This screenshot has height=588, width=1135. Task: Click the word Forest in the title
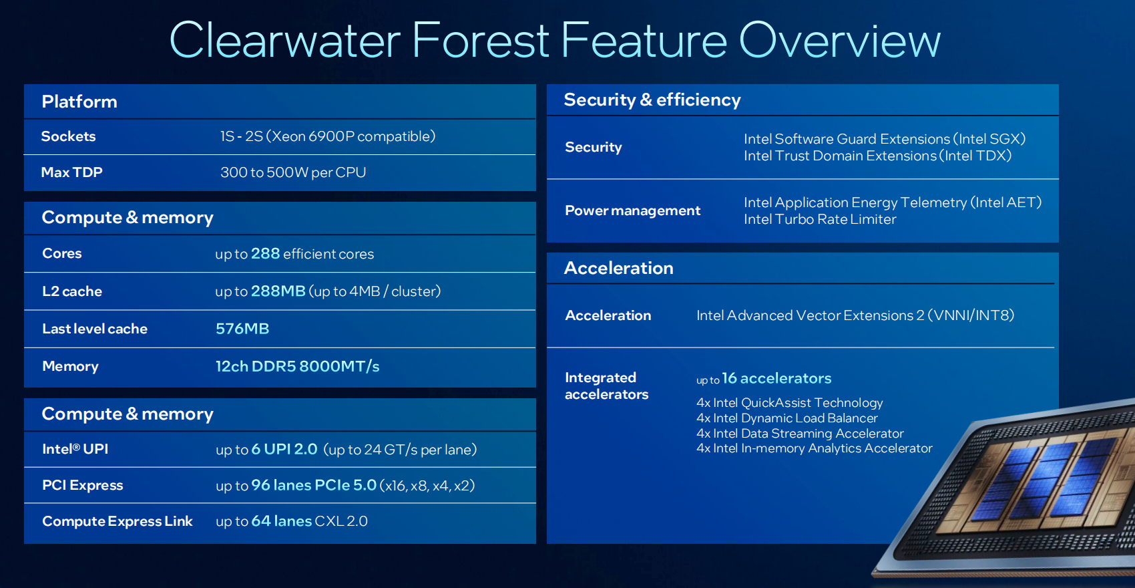pos(480,40)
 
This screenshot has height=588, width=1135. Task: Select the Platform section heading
pos(79,102)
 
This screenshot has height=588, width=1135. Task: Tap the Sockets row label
pos(68,136)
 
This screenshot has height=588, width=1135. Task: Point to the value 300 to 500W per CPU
pos(293,172)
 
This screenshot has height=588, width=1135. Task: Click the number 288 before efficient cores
pos(265,253)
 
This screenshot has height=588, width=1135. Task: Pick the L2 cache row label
pos(72,291)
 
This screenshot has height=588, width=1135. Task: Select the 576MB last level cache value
pos(242,329)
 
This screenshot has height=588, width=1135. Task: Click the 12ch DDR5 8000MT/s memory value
pos(297,366)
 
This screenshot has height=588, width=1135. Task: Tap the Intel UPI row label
pos(75,449)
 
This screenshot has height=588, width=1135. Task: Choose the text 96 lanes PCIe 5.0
pos(314,485)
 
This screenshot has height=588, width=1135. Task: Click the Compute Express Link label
pos(118,521)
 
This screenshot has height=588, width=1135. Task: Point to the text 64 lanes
pos(281,521)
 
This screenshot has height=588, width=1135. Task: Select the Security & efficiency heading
pos(652,100)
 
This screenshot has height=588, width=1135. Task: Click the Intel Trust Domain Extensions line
pos(877,156)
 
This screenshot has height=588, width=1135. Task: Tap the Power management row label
pos(632,210)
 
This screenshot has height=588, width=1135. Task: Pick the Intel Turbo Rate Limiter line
pos(820,219)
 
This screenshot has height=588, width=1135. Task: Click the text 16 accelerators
pos(776,378)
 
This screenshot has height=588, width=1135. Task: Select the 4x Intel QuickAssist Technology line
pos(789,402)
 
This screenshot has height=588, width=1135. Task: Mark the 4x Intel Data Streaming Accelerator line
pos(800,434)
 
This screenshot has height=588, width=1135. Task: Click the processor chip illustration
pos(1018,492)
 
